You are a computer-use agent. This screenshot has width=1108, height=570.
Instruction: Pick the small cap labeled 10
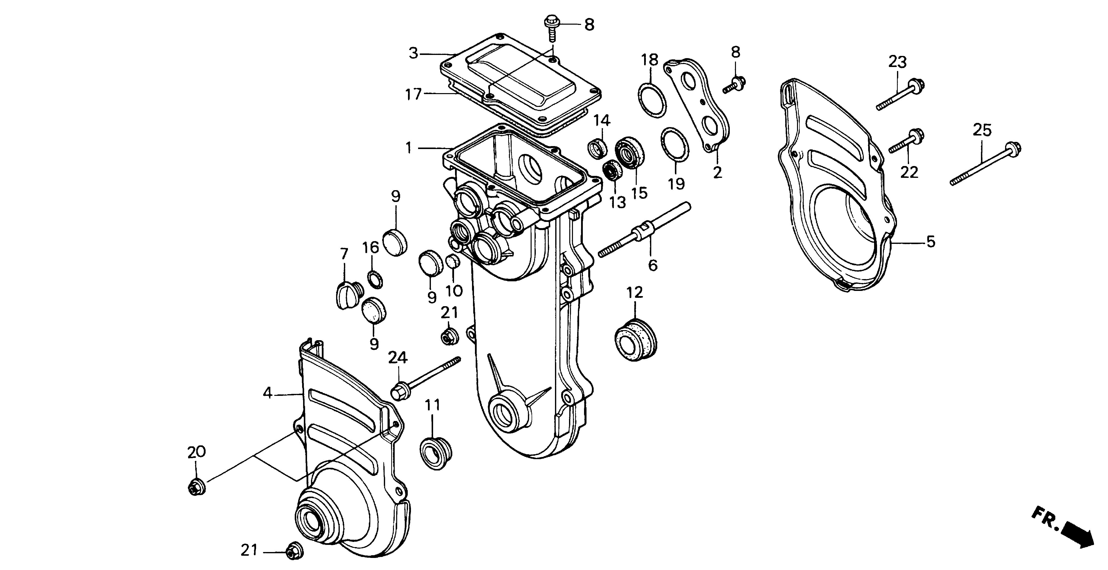point(452,261)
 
